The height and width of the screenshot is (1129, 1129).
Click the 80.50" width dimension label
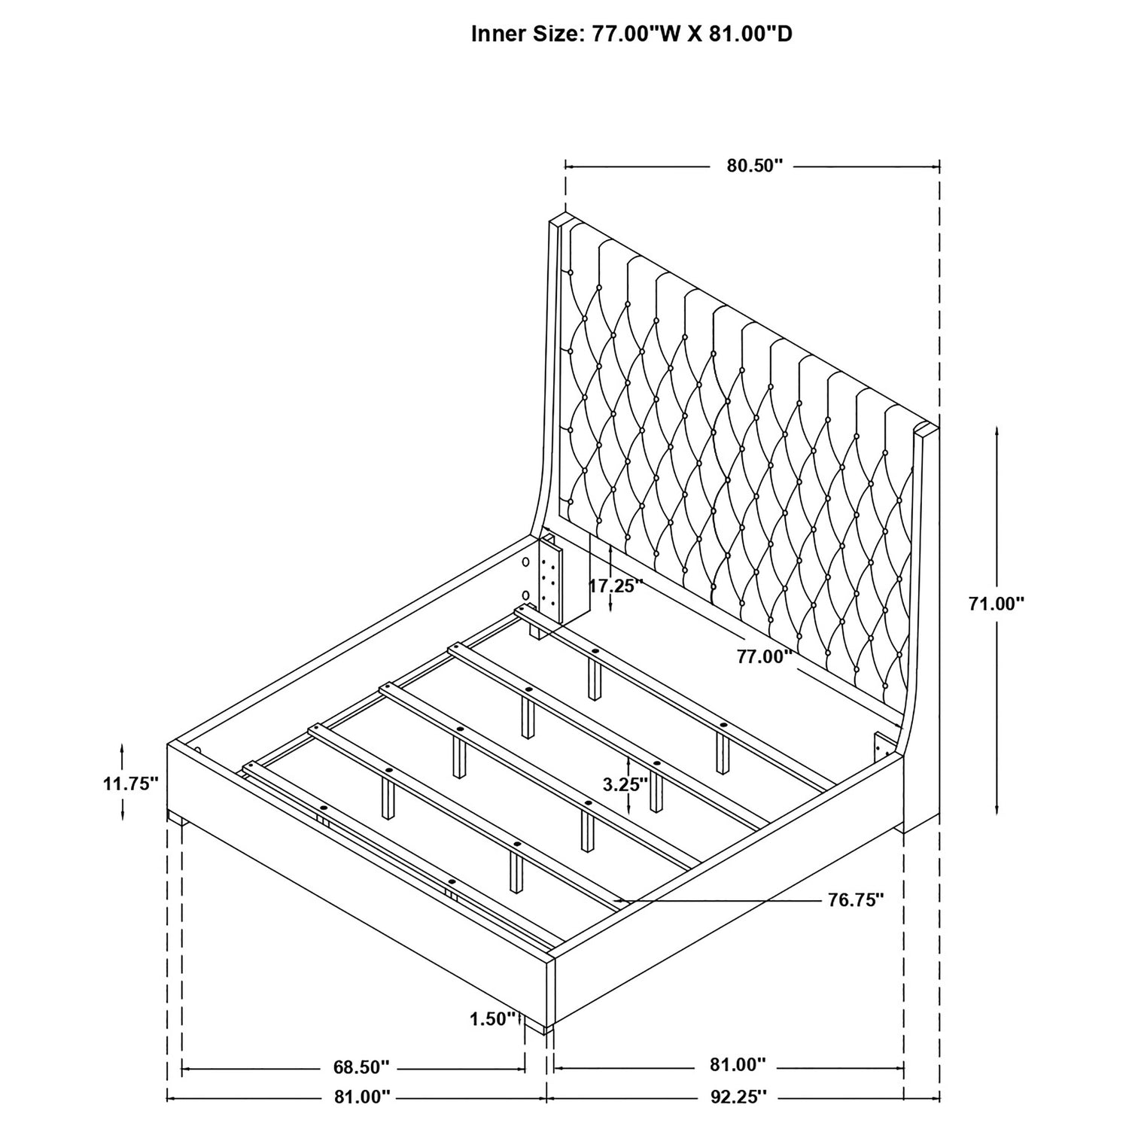tap(755, 166)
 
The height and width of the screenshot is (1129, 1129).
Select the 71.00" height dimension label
tap(997, 603)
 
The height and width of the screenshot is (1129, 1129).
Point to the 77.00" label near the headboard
tap(765, 656)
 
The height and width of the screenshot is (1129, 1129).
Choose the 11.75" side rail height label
tap(131, 784)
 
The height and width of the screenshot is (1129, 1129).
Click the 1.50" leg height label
tap(493, 1019)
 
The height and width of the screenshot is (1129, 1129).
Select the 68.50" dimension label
tap(361, 1067)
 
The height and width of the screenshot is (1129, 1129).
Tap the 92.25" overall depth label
tap(737, 1097)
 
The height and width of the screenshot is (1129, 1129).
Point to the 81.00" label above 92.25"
tap(737, 1067)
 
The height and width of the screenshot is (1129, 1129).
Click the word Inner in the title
tap(495, 35)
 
